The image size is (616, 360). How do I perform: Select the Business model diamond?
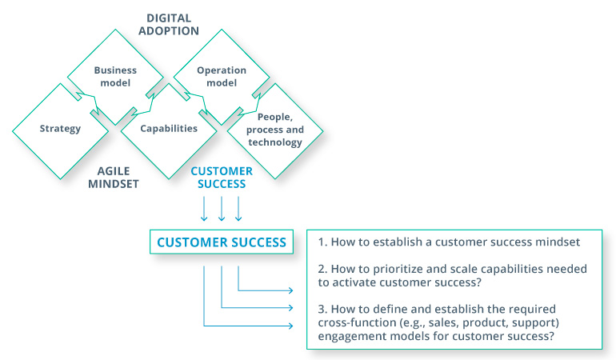click(115, 76)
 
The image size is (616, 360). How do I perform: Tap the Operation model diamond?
click(222, 76)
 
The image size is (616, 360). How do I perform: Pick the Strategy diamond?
click(60, 128)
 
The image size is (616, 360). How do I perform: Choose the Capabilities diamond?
click(168, 128)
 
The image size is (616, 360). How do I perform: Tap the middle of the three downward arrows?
click(222, 210)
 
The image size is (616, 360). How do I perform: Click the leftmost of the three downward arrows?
click(205, 210)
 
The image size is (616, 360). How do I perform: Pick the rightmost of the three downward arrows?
click(238, 210)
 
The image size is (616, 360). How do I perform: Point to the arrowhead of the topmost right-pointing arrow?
click(290, 289)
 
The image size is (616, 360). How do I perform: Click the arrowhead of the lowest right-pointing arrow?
click(290, 325)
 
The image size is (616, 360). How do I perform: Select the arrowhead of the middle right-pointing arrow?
click(290, 306)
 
